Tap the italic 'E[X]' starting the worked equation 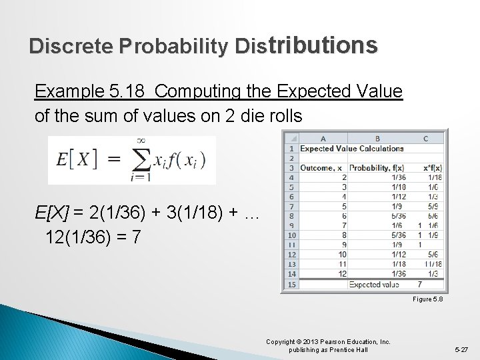(x=52, y=213)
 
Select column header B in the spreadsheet (x=377, y=138)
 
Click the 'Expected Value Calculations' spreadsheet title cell (x=352, y=149)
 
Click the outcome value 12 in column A (x=342, y=274)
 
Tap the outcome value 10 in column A (x=342, y=255)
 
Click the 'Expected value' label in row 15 (x=374, y=285)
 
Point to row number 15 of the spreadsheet (x=292, y=285)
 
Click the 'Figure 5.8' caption (x=428, y=299)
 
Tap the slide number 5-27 (x=461, y=349)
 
